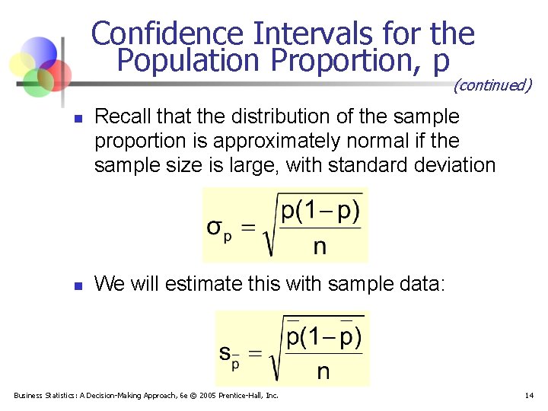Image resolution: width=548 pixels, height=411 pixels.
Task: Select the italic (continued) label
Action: pos(492,85)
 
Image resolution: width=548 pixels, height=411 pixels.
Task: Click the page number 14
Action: pos(529,395)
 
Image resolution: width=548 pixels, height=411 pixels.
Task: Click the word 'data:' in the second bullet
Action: pos(427,285)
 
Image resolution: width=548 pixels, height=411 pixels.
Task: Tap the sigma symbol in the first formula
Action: pos(216,229)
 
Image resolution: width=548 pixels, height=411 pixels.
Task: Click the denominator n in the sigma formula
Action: pos(320,246)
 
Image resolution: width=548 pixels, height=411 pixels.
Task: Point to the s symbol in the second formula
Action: pos(225,352)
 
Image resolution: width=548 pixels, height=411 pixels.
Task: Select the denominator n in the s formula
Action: pos(323,371)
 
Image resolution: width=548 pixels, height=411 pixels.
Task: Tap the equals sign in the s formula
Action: pos(256,353)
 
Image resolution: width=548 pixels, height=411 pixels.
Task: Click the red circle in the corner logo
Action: pos(55,73)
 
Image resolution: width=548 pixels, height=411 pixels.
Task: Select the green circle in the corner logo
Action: pos(37,83)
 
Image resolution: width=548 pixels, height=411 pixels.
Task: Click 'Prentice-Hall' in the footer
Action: pos(245,395)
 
